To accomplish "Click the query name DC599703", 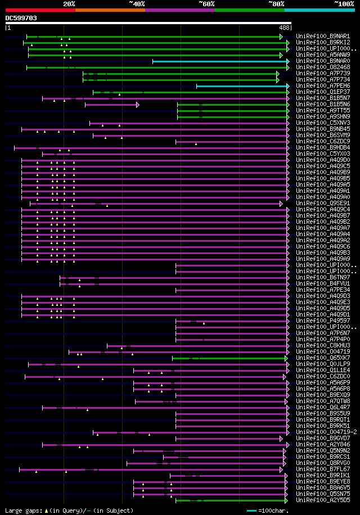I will [21, 18].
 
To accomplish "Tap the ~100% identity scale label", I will [344, 3].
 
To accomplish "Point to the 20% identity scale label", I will [69, 3].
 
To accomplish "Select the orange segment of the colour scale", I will [110, 10].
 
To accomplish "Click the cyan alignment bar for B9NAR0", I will [219, 61].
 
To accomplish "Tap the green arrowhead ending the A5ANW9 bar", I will [281, 55].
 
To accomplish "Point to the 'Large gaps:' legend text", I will [22, 511].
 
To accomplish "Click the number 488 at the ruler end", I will [284, 27].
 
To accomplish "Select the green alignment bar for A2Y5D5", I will [231, 500].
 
